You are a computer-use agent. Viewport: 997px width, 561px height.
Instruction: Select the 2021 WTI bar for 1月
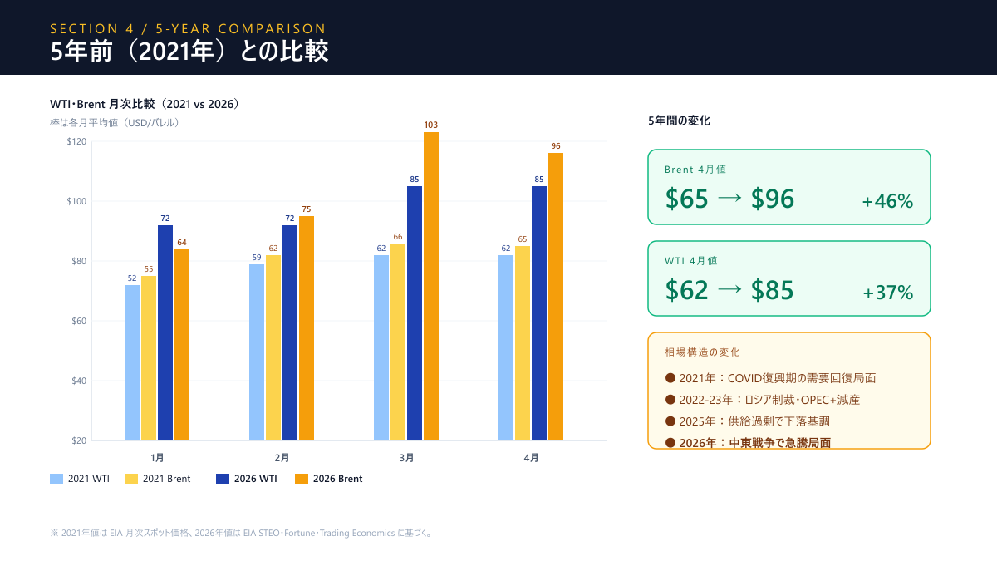click(x=132, y=362)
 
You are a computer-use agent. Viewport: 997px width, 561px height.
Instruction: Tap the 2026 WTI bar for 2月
click(x=290, y=332)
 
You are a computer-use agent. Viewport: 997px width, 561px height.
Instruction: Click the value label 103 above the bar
click(x=430, y=125)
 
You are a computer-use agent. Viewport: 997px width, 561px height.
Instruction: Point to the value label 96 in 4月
click(x=556, y=146)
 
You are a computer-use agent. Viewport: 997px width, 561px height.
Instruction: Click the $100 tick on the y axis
click(x=76, y=201)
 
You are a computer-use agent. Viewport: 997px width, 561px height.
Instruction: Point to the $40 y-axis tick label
click(x=76, y=381)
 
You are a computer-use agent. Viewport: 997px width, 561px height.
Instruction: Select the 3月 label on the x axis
click(x=406, y=458)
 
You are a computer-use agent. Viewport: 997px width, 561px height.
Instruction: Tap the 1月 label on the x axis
click(x=157, y=458)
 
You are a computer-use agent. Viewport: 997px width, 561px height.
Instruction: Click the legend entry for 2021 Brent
click(x=158, y=479)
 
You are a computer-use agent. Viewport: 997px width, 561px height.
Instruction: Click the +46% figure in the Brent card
click(x=887, y=201)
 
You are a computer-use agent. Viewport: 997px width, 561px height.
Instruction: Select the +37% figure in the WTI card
click(x=887, y=293)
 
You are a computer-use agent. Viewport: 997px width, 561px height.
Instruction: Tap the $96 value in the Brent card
click(x=772, y=199)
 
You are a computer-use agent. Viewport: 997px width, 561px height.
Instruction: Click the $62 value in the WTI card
click(x=687, y=290)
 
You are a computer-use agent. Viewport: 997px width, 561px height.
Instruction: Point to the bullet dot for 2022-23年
click(x=670, y=400)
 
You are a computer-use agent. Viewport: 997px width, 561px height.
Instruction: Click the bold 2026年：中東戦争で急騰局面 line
click(x=754, y=443)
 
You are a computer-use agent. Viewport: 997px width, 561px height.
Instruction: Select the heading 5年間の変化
click(x=679, y=121)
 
